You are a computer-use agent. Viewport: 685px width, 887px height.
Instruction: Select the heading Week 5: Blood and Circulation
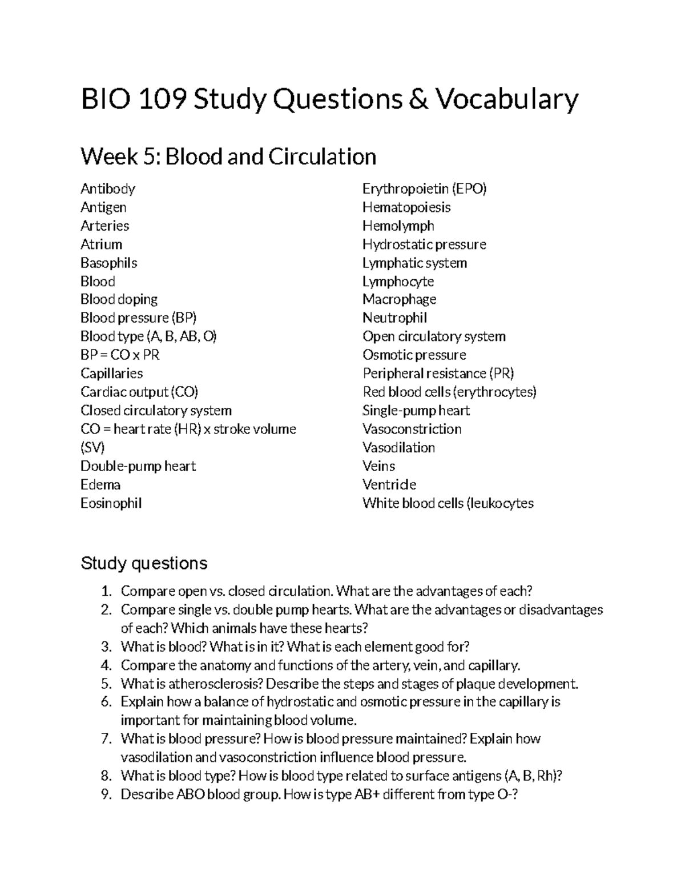[x=228, y=156]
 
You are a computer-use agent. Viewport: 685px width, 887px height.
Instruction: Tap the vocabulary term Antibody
[x=108, y=188]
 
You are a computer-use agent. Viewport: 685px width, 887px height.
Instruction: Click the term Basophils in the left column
[x=108, y=263]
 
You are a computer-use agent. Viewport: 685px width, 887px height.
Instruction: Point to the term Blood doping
[x=119, y=299]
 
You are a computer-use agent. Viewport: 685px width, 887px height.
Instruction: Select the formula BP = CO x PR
[x=120, y=355]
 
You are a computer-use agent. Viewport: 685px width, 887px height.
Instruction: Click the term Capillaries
[x=111, y=374]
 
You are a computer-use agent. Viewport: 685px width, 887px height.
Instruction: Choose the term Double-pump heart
[x=138, y=466]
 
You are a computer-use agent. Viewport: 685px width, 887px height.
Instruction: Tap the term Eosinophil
[x=111, y=503]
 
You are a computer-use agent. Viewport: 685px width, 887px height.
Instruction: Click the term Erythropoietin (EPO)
[x=424, y=188]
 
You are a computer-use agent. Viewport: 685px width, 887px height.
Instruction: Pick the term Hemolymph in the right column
[x=398, y=226]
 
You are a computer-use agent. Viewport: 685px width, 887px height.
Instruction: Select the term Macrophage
[x=399, y=299]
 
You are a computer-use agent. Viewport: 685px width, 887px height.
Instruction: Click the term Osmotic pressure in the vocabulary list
[x=414, y=355]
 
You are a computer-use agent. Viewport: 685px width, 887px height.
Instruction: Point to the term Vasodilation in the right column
[x=398, y=448]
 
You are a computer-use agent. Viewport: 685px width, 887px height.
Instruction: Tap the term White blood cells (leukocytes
[x=448, y=503]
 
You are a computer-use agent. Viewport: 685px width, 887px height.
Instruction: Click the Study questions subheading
[x=144, y=563]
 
